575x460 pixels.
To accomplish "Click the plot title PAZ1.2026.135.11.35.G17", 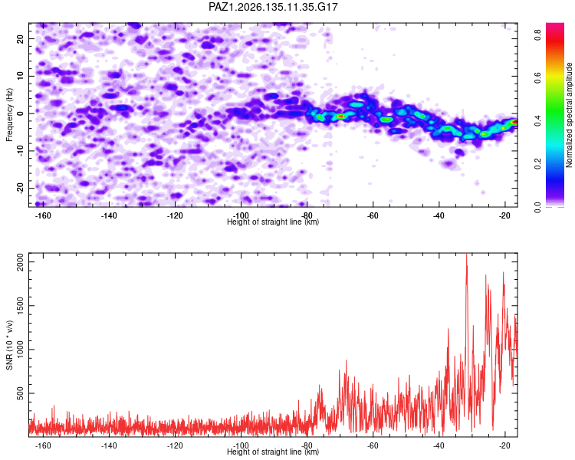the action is coord(273,7).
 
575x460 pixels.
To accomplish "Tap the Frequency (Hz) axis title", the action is coord(9,115).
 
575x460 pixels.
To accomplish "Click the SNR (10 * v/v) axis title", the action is coord(9,345).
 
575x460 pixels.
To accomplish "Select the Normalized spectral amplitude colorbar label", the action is coord(569,115).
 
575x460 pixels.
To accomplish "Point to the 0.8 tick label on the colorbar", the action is coord(537,34).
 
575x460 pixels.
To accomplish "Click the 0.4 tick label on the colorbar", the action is coord(537,120).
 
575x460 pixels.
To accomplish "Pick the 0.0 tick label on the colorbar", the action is coord(537,207).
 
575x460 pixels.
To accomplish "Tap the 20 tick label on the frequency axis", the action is coord(21,38).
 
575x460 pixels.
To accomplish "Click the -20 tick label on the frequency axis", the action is coord(21,188).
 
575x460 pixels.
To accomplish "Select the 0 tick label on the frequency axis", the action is coord(21,113).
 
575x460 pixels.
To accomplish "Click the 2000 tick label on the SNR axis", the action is coord(21,262).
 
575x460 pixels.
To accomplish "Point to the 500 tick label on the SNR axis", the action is coord(21,393).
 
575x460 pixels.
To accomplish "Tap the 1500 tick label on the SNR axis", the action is coord(21,306).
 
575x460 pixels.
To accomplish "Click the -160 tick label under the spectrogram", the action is coord(42,215).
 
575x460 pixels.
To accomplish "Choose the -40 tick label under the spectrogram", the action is coord(439,215).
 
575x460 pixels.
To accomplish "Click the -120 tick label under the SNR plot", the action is coord(175,445).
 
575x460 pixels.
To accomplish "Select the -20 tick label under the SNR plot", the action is coord(504,445).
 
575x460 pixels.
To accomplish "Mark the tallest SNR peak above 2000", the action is coord(466,255).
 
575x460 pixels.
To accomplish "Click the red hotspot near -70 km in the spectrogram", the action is coord(340,117).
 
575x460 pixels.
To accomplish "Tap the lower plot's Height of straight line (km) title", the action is coord(273,452).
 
